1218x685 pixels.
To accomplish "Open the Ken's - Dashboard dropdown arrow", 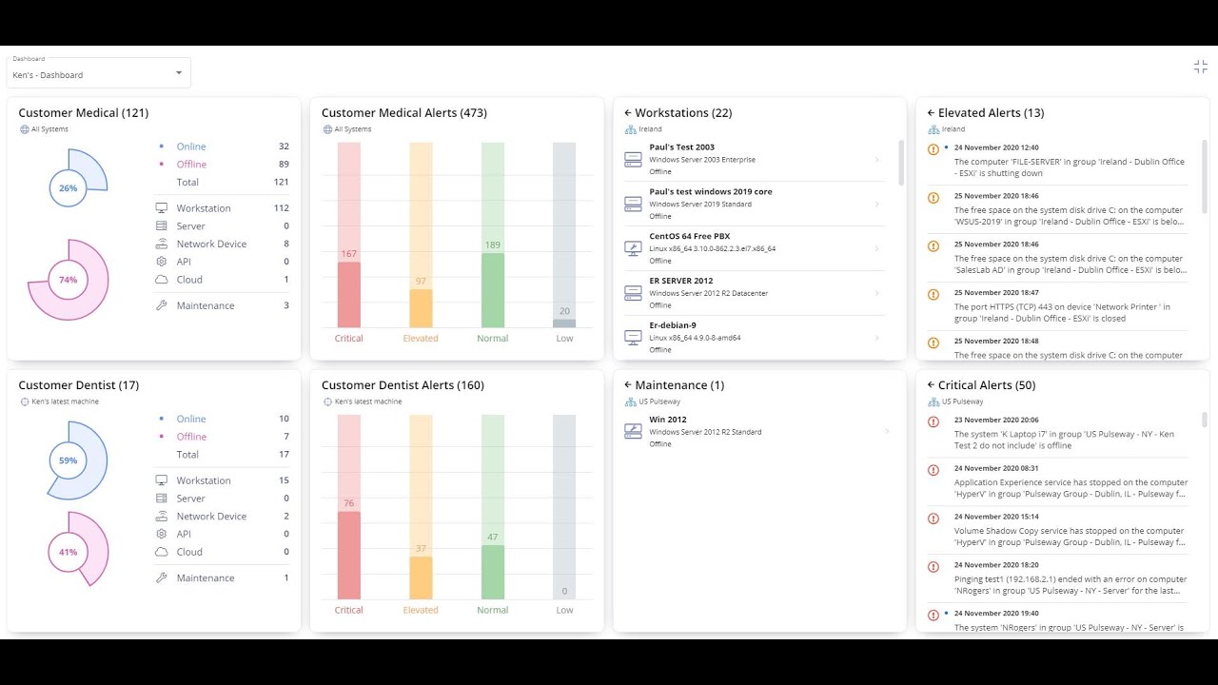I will pos(179,73).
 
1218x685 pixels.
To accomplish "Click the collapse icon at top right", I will pos(1201,67).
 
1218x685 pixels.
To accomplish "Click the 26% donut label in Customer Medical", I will pos(68,188).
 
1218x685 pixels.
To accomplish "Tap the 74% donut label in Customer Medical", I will pos(68,280).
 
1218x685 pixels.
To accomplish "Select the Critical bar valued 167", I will pos(349,294).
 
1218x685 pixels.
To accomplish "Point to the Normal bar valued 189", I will pos(492,289).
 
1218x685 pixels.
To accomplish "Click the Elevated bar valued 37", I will pos(421,577).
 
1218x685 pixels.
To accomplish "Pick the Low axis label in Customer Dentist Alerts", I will pos(564,611).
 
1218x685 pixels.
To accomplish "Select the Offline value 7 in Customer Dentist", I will pos(284,437).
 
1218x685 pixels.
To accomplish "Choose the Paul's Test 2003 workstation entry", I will pos(681,147).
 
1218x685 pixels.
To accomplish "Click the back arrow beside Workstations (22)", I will pos(628,113).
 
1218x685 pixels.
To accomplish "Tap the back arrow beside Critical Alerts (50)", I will pos(931,385).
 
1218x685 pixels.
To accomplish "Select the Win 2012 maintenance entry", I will pos(668,420).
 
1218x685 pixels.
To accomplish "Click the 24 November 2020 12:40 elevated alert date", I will pos(995,147).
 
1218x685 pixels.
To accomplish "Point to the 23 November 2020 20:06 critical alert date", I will pos(995,420).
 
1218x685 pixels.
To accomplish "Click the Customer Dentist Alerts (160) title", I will pos(403,385).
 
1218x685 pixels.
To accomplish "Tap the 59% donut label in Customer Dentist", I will pos(68,460).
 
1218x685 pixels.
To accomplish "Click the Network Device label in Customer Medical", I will pos(211,245).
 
